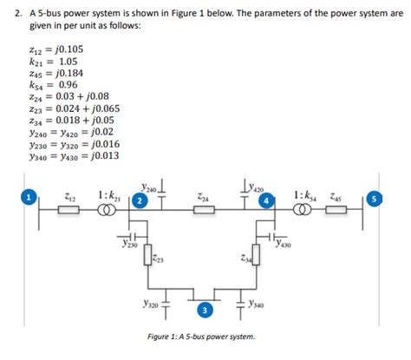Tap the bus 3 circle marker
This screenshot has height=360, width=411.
pyautogui.click(x=204, y=311)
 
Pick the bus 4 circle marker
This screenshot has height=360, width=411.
pyautogui.click(x=267, y=202)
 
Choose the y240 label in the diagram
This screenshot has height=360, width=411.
pyautogui.click(x=148, y=185)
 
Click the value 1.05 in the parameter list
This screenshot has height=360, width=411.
pyautogui.click(x=68, y=64)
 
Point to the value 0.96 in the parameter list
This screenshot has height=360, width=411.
pyautogui.click(x=68, y=87)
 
